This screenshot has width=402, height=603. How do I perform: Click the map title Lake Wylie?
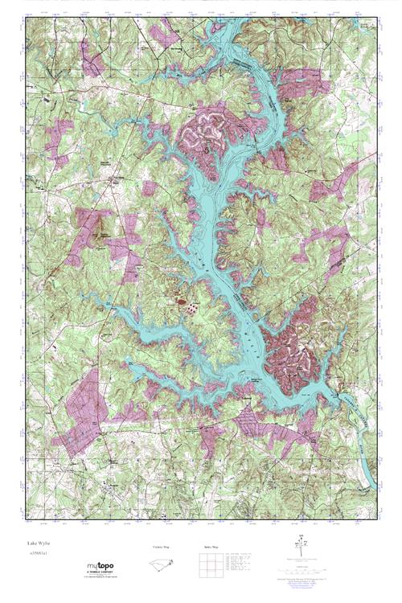37,544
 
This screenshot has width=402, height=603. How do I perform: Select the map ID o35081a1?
39,554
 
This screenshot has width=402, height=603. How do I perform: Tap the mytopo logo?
100,567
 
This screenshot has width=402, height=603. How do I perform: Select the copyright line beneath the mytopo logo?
100,578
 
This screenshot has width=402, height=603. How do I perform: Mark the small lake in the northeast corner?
367,25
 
